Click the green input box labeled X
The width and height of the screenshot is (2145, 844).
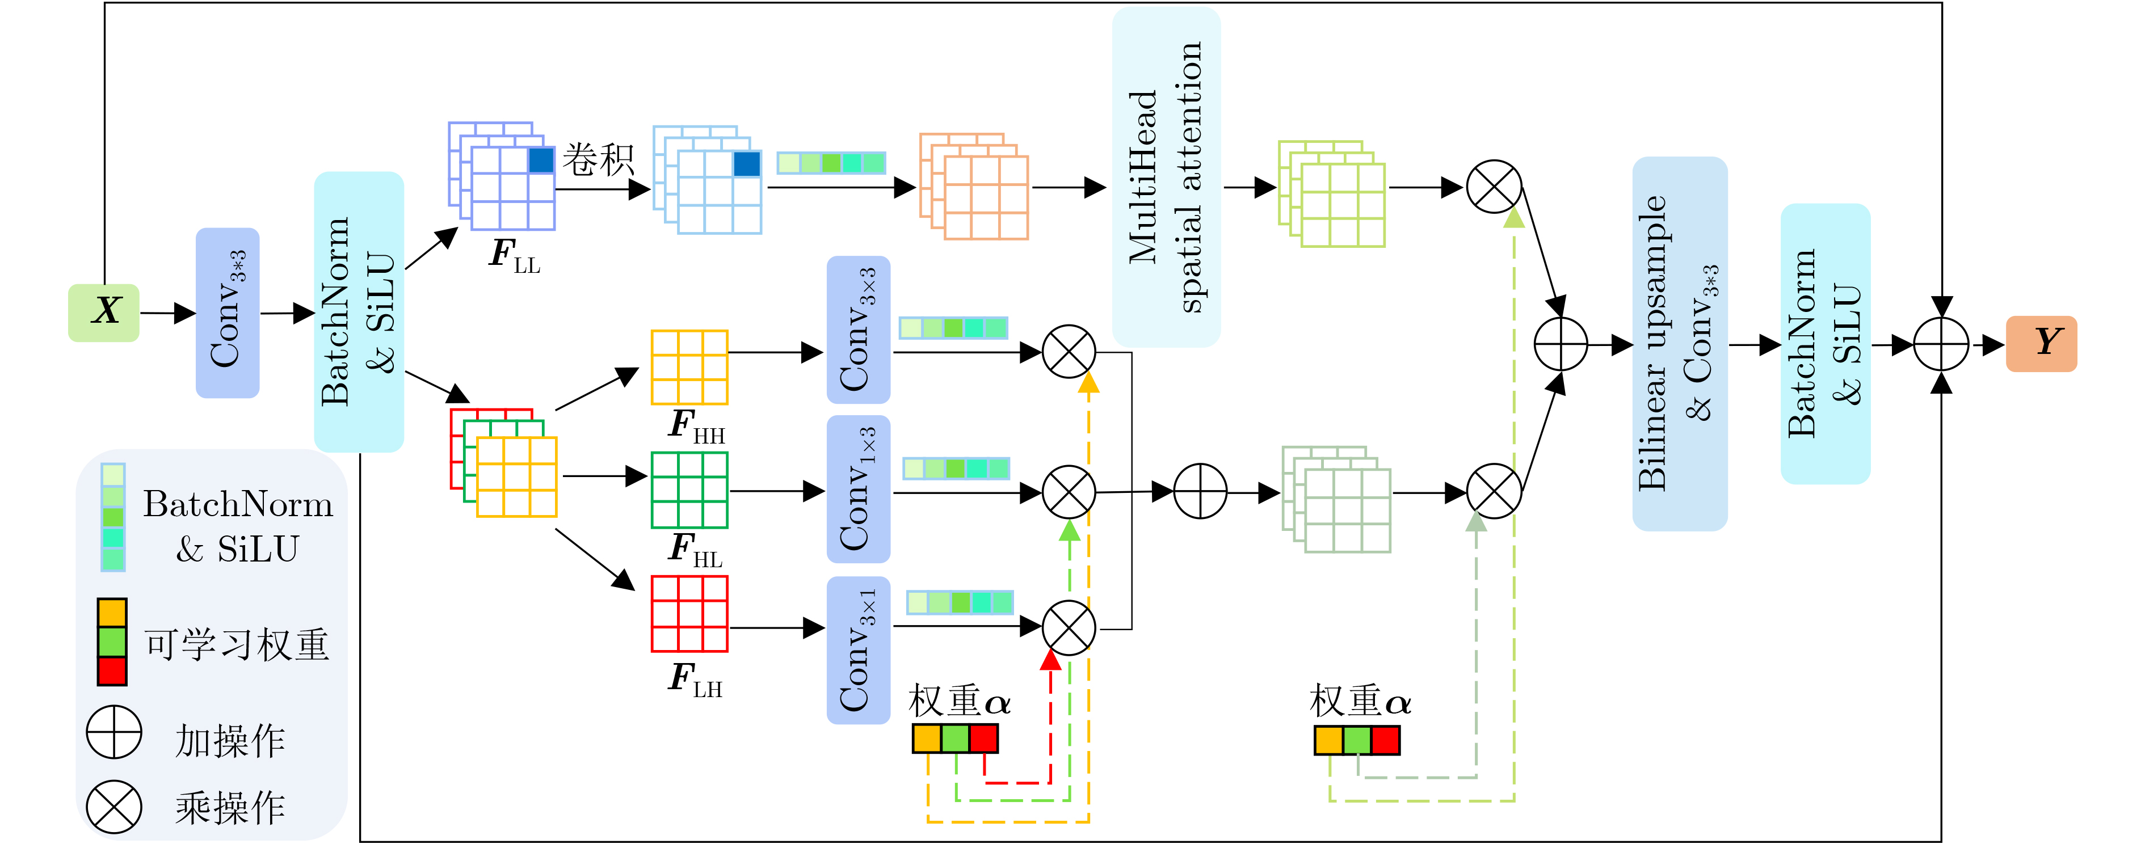click(x=104, y=312)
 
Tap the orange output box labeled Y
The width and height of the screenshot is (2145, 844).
click(x=2041, y=343)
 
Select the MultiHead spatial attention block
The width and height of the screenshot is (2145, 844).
click(x=1166, y=176)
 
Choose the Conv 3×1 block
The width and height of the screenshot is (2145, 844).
click(x=857, y=649)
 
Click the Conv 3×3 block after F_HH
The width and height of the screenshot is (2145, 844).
click(x=857, y=330)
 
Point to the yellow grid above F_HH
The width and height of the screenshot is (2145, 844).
click(x=689, y=367)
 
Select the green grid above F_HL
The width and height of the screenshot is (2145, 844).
click(x=689, y=489)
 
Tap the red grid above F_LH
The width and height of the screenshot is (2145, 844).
click(x=689, y=614)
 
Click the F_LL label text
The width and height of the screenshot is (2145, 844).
click(x=514, y=255)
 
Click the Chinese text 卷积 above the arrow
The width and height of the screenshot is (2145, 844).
click(x=598, y=158)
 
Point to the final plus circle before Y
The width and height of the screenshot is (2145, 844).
click(x=1940, y=344)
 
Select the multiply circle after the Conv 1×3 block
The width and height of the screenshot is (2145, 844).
click(x=1069, y=491)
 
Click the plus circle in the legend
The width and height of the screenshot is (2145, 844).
click(x=114, y=732)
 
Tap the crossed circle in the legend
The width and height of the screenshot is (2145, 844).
click(x=114, y=805)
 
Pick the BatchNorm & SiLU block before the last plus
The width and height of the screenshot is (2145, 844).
click(x=1824, y=343)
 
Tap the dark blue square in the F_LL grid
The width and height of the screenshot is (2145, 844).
click(x=541, y=160)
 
